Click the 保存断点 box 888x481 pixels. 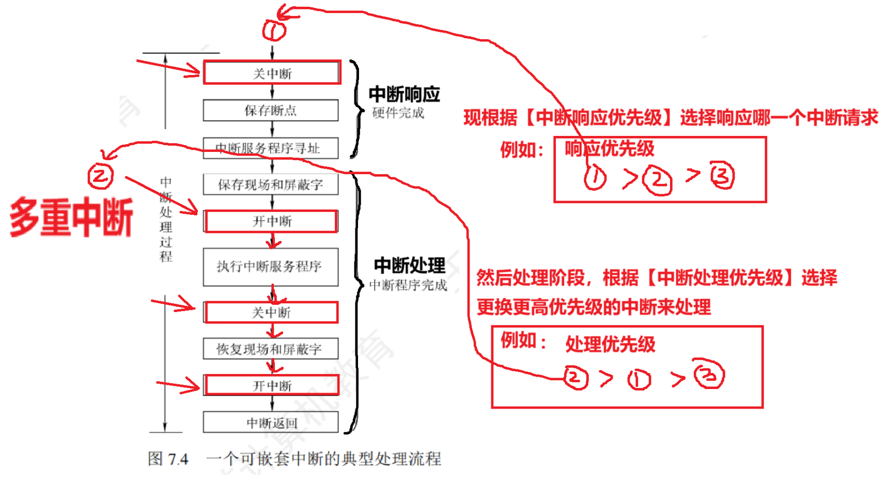pos(271,110)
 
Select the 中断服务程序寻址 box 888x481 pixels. pos(271,148)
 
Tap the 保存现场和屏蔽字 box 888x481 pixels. pos(271,184)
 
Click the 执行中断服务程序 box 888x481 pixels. pos(271,267)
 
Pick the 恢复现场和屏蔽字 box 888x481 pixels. pos(271,349)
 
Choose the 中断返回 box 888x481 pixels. pos(271,423)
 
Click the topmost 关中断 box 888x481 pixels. pos(272,73)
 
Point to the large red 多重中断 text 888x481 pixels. pos(72,218)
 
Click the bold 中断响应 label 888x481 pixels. pos(404,95)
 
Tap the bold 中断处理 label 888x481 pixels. pos(409,266)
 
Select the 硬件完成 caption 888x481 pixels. pos(398,113)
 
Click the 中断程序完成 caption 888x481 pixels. pos(408,285)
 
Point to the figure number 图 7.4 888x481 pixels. pos(168,459)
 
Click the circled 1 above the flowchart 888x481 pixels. pos(274,30)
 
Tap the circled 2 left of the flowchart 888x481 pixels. pos(100,176)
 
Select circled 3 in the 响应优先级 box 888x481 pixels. pos(722,176)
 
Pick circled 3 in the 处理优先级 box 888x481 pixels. pos(709,375)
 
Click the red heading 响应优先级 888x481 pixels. pos(610,149)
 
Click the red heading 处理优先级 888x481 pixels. pos(610,344)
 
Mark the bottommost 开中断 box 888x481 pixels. pos(272,385)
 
